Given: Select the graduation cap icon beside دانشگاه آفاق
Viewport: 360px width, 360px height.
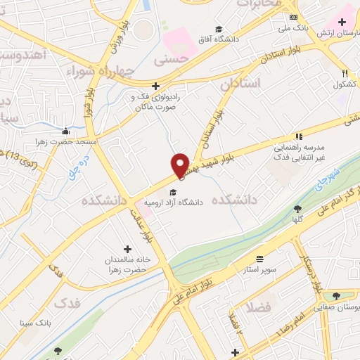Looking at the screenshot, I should tap(219, 29).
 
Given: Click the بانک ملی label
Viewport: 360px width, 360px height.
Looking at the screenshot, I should tap(293, 28).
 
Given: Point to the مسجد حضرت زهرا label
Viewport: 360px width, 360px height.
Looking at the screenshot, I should tap(66, 141).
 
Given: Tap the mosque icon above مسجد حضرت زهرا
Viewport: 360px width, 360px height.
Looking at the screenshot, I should tap(66, 130).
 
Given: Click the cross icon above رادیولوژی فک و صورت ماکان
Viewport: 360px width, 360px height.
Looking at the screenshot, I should tap(155, 86).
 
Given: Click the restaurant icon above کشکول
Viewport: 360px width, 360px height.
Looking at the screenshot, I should tap(345, 73).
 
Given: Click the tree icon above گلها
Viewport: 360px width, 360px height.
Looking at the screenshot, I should tap(298, 209).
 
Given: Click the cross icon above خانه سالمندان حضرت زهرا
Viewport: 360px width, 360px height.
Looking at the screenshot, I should tap(127, 249).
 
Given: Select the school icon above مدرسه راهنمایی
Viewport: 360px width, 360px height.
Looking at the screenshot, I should tap(299, 136).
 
